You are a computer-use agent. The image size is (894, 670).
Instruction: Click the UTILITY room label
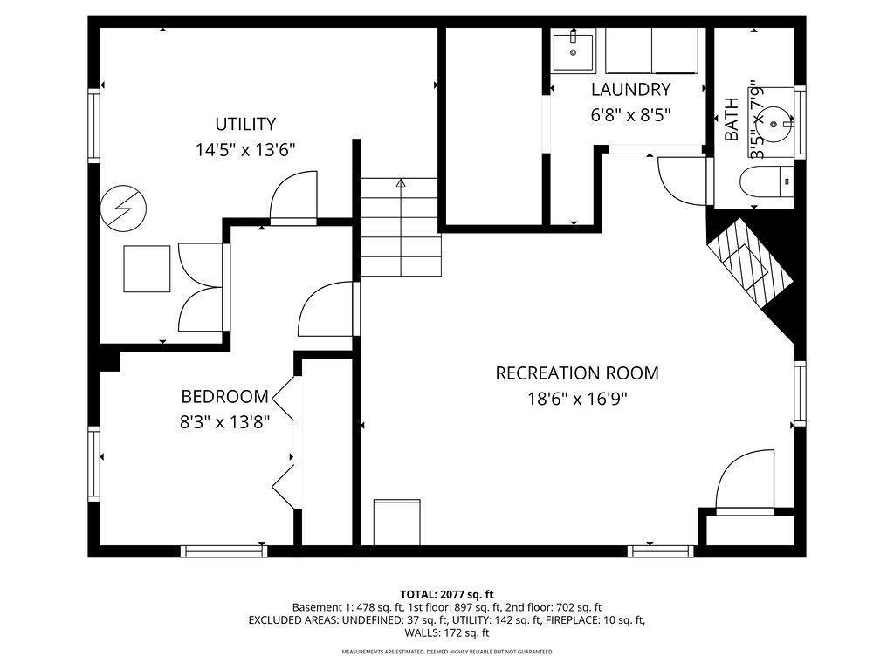[245, 124]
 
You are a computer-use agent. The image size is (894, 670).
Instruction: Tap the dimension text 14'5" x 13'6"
[245, 150]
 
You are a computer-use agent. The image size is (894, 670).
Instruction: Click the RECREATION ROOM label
[577, 373]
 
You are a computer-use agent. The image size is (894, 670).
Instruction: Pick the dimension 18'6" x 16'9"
[577, 399]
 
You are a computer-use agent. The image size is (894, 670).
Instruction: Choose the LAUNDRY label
[630, 89]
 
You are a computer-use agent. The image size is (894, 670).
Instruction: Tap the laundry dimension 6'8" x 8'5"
[630, 114]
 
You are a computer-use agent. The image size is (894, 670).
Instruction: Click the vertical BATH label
[732, 120]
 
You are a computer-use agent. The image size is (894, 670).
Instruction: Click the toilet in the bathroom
[766, 184]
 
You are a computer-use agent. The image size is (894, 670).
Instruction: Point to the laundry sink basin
[573, 51]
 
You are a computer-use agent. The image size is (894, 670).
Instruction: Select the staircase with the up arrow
[400, 227]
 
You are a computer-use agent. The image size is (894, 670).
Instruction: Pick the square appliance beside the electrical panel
[147, 269]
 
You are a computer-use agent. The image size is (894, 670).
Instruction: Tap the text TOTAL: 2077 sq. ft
[447, 594]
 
